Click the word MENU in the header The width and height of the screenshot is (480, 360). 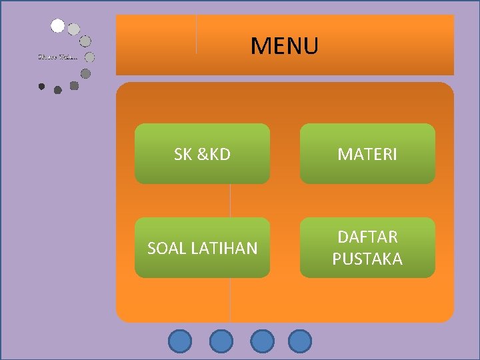coord(285,46)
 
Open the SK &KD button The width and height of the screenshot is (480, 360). coord(202,154)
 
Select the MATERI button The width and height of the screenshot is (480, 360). coord(367,154)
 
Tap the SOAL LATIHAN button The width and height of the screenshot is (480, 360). coord(202,248)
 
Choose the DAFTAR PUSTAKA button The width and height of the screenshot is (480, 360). coord(367,248)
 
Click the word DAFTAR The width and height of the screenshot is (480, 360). coord(367,237)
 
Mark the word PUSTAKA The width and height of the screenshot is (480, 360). coord(367,259)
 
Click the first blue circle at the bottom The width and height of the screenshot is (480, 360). coord(179,341)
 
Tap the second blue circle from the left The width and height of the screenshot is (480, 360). coord(221,341)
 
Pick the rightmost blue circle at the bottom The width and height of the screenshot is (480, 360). coord(300,341)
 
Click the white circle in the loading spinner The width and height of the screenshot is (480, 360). coord(58,26)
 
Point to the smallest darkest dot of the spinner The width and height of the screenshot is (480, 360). coord(42,86)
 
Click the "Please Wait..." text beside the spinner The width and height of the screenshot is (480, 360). coord(57,57)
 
